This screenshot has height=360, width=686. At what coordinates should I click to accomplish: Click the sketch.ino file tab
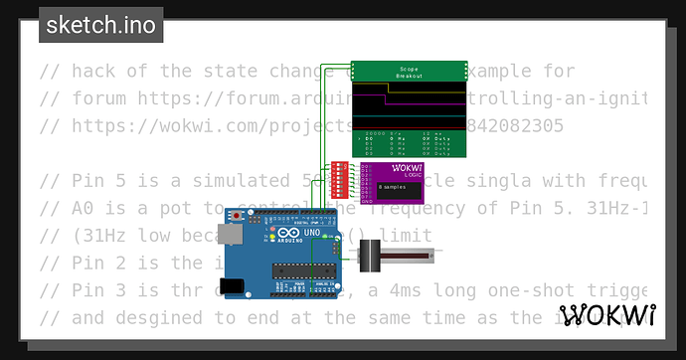pyautogui.click(x=101, y=25)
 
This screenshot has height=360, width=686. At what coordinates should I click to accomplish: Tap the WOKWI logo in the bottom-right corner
pyautogui.click(x=607, y=315)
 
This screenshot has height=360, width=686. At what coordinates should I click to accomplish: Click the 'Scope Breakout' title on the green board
pyautogui.click(x=410, y=72)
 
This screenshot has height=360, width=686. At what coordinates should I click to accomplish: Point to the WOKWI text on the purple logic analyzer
pyautogui.click(x=409, y=167)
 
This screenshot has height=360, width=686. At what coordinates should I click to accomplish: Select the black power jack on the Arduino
pyautogui.click(x=232, y=285)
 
